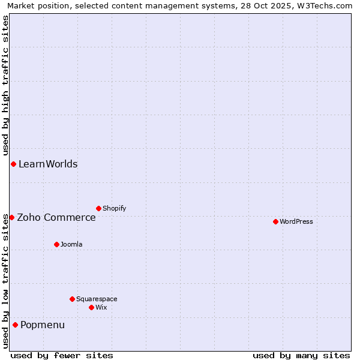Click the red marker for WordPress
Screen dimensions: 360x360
pos(275,221)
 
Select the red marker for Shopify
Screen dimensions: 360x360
pos(98,208)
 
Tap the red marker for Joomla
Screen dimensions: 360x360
pos(56,244)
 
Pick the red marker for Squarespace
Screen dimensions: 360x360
pos(72,299)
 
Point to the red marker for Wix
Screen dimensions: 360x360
pos(91,307)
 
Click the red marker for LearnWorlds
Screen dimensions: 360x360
pos(13,164)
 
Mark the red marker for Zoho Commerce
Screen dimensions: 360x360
pos(11,217)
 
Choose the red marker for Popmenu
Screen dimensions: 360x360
pos(15,325)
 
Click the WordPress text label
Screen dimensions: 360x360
pos(296,221)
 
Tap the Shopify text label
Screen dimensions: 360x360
pos(115,208)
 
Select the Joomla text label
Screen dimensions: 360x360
pos(71,244)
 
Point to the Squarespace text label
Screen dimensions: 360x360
pos(97,299)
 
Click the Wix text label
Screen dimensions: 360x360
pos(101,307)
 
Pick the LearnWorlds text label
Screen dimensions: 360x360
pos(48,164)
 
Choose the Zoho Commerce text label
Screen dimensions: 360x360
pos(56,217)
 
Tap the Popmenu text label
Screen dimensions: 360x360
pos(43,325)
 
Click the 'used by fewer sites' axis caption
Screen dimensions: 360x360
pos(62,355)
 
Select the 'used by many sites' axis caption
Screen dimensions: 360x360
pos(301,355)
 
